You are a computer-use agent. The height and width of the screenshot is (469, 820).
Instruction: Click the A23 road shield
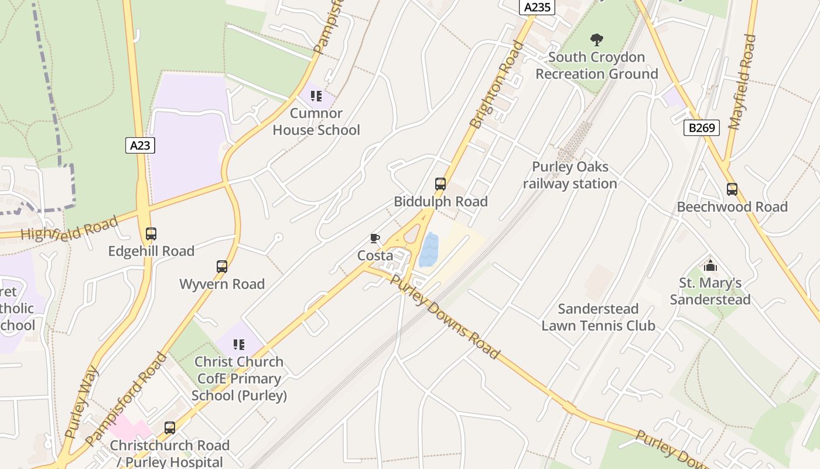pyautogui.click(x=140, y=145)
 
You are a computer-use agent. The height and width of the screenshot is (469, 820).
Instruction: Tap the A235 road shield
pyautogui.click(x=537, y=7)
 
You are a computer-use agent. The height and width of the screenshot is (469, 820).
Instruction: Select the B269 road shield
pyautogui.click(x=701, y=128)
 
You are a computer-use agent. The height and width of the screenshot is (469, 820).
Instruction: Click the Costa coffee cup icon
pyautogui.click(x=375, y=238)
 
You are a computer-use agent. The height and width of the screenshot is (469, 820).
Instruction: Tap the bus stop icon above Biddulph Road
pyautogui.click(x=440, y=184)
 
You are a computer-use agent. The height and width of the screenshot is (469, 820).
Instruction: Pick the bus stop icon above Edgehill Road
pyautogui.click(x=151, y=234)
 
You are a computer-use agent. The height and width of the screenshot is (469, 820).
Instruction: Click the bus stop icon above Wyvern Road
pyautogui.click(x=222, y=267)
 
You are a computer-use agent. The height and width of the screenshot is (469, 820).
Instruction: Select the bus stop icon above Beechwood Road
pyautogui.click(x=732, y=189)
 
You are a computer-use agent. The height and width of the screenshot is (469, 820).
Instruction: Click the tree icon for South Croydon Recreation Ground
pyautogui.click(x=597, y=40)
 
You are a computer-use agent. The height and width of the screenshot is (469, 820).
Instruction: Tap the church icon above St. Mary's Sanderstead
pyautogui.click(x=710, y=266)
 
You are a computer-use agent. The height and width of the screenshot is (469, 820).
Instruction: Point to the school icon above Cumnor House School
pyautogui.click(x=316, y=96)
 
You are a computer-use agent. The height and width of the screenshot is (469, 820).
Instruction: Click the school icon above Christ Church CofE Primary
pyautogui.click(x=238, y=344)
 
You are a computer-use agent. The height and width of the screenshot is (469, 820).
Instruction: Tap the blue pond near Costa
pyautogui.click(x=429, y=250)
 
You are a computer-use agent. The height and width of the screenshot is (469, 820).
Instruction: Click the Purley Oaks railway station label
pyautogui.click(x=570, y=175)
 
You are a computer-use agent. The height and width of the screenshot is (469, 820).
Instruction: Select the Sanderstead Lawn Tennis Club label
pyautogui.click(x=597, y=317)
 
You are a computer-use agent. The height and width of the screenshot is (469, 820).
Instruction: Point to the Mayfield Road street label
pyautogui.click(x=742, y=82)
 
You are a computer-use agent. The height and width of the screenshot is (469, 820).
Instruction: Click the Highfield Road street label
pyautogui.click(x=69, y=228)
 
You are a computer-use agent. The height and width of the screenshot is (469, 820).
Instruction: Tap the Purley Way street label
pyautogui.click(x=81, y=402)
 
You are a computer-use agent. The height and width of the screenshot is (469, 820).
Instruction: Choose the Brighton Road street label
pyautogui.click(x=497, y=85)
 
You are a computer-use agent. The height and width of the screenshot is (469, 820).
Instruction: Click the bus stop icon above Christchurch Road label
pyautogui.click(x=170, y=428)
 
